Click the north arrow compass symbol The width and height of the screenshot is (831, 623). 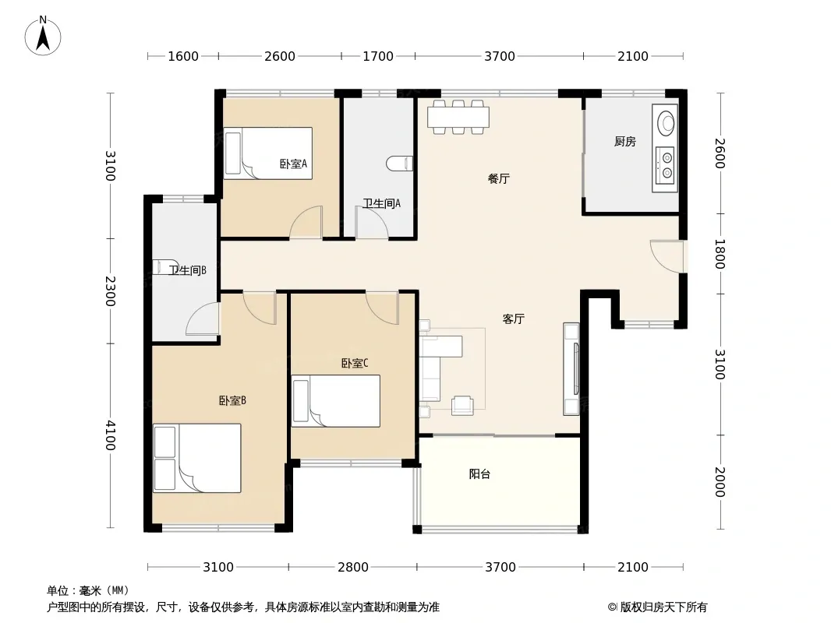[x=43, y=36]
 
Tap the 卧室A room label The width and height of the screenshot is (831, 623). [x=293, y=164]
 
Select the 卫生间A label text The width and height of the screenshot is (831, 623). [x=381, y=203]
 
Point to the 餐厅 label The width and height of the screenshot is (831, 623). [x=498, y=179]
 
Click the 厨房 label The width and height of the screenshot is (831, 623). [x=625, y=141]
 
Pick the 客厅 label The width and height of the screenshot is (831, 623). [x=513, y=319]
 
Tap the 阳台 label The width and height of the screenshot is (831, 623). [x=479, y=473]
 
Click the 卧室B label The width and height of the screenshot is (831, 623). [x=232, y=401]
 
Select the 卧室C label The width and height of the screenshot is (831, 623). [x=354, y=363]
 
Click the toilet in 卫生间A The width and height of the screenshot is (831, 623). [x=400, y=164]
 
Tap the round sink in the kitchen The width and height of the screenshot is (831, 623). [x=667, y=123]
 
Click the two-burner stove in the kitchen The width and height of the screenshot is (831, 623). [x=665, y=165]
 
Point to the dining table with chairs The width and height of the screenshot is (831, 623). [x=458, y=117]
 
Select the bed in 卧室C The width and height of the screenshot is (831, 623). [x=336, y=401]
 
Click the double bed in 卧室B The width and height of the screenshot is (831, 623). [x=197, y=458]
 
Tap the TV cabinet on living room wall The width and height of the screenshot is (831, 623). [x=571, y=368]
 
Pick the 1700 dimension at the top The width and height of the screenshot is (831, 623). [x=378, y=56]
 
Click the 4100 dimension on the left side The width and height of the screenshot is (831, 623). [x=110, y=435]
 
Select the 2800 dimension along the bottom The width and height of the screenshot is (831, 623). [x=353, y=567]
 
